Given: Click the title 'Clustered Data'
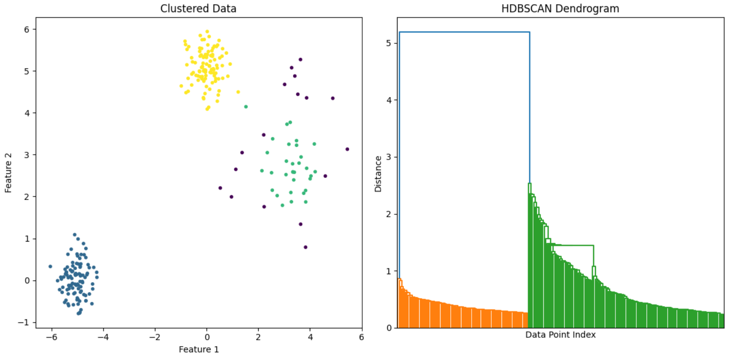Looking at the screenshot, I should click(x=198, y=9).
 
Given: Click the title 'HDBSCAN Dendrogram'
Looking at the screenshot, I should click(x=560, y=9).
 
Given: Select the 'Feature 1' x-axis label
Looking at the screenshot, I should click(x=199, y=349).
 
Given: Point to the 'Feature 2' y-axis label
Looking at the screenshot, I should click(x=9, y=173).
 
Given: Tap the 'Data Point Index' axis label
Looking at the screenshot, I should click(x=560, y=335).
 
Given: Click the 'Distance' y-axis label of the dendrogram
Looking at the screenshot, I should click(x=378, y=174).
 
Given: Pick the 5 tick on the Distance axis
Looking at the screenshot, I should click(x=389, y=43).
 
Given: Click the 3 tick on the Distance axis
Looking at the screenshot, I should click(x=389, y=157).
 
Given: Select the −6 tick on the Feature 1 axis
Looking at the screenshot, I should click(x=51, y=337).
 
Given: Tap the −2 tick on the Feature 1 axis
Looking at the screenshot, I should click(x=154, y=337).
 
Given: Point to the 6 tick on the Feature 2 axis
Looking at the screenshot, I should click(x=27, y=30).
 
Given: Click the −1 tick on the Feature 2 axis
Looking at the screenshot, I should click(x=24, y=322).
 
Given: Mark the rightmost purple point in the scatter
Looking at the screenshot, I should click(x=347, y=149).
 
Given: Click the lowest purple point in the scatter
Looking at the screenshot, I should click(x=305, y=247).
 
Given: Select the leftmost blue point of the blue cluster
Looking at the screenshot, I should click(x=50, y=267).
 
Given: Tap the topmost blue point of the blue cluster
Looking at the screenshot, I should click(x=75, y=235).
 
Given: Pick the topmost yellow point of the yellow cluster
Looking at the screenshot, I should click(x=207, y=32).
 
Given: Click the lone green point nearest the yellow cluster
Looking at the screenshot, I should click(x=246, y=107).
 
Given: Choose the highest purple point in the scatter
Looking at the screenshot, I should click(x=300, y=59).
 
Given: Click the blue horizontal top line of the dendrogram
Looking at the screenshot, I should click(x=464, y=32).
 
